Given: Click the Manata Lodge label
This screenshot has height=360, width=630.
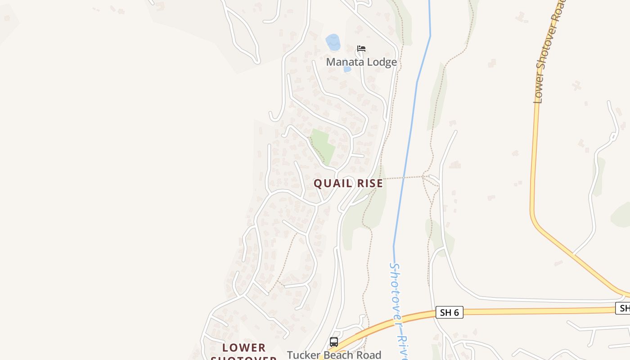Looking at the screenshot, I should click(361, 62).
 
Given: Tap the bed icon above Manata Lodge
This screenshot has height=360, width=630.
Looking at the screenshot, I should click(361, 49).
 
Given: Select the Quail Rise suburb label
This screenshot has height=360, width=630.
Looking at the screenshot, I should click(348, 183).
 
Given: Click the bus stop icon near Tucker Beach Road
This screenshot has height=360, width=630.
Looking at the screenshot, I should click(333, 342).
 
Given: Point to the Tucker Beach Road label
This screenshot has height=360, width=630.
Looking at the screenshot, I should click(334, 355).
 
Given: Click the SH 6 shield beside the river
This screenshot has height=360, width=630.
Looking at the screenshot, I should click(449, 312).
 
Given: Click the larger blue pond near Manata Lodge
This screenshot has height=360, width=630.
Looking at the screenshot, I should click(333, 42).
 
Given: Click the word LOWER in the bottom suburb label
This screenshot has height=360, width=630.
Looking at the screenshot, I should click(244, 348).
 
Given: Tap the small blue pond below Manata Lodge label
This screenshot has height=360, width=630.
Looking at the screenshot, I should click(347, 69).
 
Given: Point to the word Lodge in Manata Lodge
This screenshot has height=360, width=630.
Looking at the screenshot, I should click(381, 62).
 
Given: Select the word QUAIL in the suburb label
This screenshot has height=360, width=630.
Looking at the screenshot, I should click(331, 183).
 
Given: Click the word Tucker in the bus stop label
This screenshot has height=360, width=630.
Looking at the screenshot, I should click(302, 355).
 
